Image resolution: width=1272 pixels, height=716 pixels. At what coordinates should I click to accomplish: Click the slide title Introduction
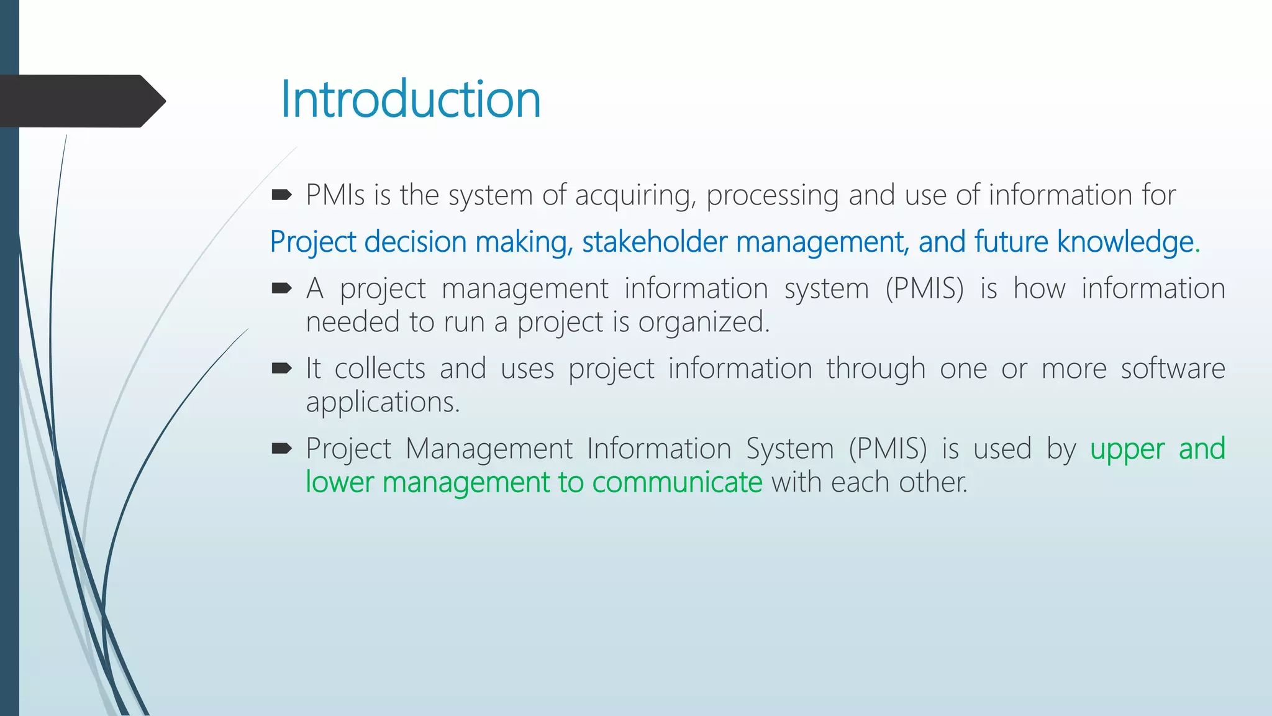coord(411,99)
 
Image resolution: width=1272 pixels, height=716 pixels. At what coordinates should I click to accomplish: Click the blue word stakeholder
coord(654,242)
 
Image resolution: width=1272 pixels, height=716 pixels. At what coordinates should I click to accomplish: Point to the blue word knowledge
coord(1125,242)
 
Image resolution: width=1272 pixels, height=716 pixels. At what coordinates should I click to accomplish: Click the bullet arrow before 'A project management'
coord(281,288)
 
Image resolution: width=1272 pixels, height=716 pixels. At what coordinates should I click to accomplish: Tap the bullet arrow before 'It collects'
coord(281,369)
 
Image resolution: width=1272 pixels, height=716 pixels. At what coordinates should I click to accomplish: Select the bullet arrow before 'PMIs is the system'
coord(281,195)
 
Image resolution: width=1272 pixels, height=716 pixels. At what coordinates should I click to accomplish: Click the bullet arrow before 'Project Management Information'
coord(281,448)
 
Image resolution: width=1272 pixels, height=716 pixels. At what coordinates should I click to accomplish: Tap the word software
coord(1173,369)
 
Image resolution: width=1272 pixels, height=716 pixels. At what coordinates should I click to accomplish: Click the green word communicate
coord(677,482)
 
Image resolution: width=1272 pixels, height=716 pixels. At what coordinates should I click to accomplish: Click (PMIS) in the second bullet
coord(924,289)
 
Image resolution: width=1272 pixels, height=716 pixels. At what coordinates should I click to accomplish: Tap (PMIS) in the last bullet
coord(888,449)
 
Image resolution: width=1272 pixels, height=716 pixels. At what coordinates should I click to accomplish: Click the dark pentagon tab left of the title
coord(81,101)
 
